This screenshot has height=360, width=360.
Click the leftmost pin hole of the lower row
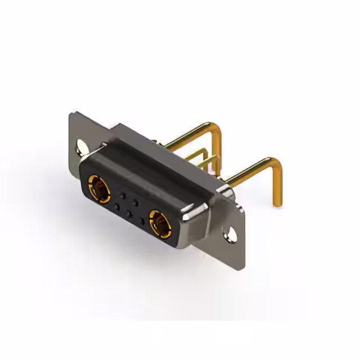[x=116, y=206]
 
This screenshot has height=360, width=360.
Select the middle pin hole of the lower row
[x=129, y=213]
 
